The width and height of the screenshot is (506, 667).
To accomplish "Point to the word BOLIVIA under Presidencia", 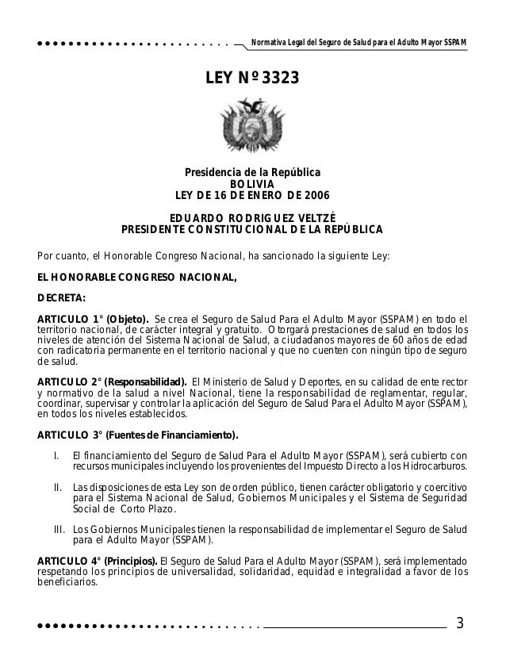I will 252,185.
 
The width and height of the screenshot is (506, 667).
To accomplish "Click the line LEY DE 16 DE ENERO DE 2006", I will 252,197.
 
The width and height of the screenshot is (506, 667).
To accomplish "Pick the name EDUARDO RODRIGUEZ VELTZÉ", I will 252,217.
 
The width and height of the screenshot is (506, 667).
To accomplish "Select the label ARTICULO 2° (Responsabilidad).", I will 112,378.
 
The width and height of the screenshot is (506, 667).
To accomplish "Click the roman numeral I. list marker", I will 56,454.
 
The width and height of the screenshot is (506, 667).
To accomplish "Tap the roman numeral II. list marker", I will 57,486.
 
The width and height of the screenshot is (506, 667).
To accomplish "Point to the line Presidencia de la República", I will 252,173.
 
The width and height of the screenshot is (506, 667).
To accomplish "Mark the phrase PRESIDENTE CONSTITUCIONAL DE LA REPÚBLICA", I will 252,230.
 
